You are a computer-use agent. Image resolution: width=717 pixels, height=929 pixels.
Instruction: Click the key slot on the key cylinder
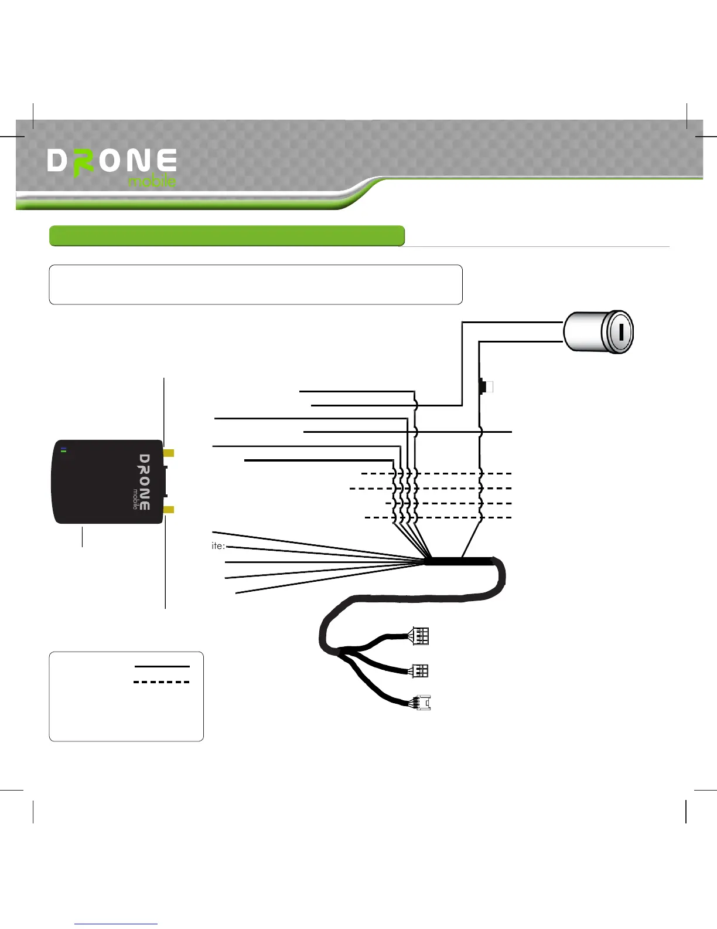(x=620, y=332)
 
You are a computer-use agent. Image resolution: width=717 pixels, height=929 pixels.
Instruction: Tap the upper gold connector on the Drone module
(x=169, y=453)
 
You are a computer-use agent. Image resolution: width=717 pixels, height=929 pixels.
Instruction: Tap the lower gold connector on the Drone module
(x=169, y=510)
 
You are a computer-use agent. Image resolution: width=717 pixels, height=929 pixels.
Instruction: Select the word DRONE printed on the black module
(x=145, y=482)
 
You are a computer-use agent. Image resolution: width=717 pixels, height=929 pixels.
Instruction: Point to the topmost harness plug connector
(x=421, y=636)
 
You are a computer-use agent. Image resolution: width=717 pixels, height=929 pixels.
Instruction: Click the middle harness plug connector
(x=421, y=670)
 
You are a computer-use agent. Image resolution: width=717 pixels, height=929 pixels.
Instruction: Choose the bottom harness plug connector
(x=423, y=702)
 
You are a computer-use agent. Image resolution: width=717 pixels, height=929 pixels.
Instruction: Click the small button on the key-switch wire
(x=484, y=387)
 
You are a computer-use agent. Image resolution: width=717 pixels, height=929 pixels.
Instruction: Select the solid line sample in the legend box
(x=162, y=666)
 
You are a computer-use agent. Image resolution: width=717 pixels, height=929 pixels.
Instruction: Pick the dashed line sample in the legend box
(x=162, y=682)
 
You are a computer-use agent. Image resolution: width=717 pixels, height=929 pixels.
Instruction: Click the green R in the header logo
(x=84, y=162)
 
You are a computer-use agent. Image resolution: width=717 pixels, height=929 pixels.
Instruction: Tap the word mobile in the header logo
(x=152, y=181)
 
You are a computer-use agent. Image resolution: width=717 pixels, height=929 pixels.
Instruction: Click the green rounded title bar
(x=227, y=236)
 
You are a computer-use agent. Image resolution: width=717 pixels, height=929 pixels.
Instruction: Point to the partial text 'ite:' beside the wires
(x=218, y=546)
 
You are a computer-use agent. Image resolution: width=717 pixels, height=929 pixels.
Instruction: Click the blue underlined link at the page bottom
(x=117, y=924)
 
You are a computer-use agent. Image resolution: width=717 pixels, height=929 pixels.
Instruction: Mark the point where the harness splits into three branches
(x=342, y=650)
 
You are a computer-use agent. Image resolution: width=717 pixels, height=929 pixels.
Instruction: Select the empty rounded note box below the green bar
(x=255, y=284)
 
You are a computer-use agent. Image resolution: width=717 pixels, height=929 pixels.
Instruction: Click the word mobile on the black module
(x=135, y=499)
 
